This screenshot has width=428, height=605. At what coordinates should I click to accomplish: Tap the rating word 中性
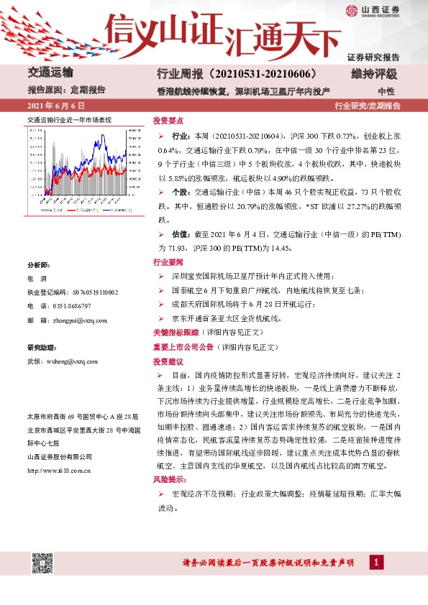[x=386, y=91]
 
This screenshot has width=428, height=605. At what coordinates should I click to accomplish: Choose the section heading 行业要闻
[x=168, y=262]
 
